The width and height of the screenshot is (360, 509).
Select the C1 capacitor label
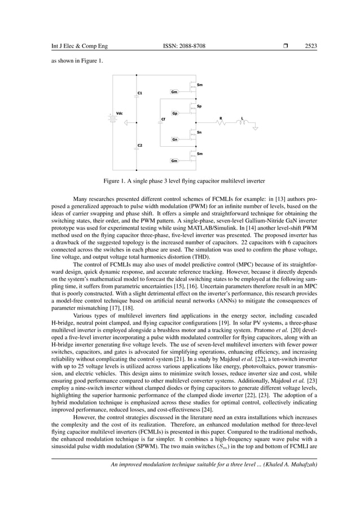pos(140,93)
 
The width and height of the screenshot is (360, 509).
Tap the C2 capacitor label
pos(140,146)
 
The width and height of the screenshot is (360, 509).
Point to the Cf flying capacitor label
pos(163,119)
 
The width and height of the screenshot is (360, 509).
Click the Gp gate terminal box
pos(175,113)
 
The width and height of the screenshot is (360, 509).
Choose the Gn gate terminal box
pos(175,139)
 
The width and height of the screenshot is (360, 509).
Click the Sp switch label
pos(200,106)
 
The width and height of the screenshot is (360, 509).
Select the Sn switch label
pos(200,133)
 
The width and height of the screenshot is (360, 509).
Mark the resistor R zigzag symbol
pos(221,123)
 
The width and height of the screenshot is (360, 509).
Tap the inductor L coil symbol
pos(243,123)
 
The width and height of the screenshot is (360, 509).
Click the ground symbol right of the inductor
pos(255,129)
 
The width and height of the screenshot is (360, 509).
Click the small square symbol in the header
pos(286,46)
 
